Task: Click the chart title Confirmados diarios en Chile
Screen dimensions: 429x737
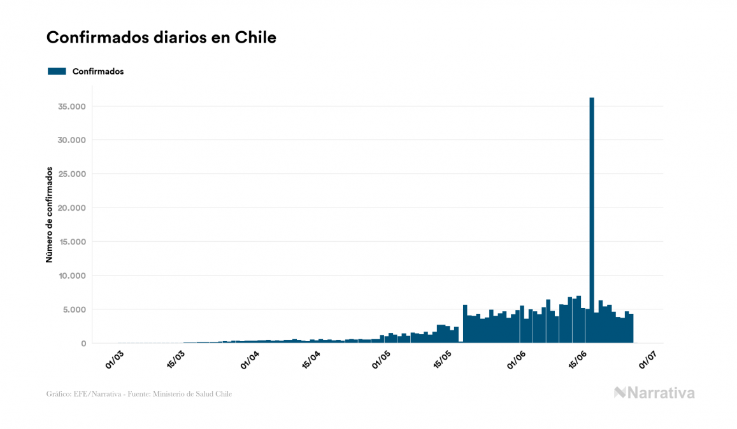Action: [161, 38]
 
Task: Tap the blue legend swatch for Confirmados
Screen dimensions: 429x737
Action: [57, 71]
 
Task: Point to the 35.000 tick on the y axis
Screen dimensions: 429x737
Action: [72, 106]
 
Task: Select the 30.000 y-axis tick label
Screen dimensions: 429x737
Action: [72, 140]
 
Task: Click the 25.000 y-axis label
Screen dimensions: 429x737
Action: [72, 174]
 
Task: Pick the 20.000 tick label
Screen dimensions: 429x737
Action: [72, 208]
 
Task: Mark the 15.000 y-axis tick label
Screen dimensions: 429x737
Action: [72, 242]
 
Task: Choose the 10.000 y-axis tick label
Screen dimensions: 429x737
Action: [72, 276]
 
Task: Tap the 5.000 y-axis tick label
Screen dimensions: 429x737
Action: [74, 310]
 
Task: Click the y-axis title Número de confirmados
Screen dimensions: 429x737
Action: [49, 215]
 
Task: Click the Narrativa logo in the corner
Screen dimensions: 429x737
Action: [654, 393]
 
